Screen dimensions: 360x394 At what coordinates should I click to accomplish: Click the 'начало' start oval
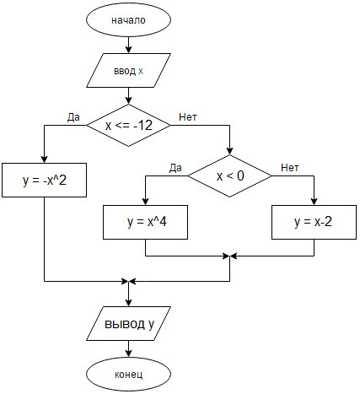128,20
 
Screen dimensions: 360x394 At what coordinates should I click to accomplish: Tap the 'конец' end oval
128,375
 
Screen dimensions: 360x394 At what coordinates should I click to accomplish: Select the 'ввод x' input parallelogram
128,70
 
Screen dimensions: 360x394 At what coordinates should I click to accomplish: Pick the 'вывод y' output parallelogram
128,323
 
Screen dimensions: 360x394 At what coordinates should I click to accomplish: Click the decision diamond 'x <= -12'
128,125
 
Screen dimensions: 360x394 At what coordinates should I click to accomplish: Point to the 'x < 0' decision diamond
229,175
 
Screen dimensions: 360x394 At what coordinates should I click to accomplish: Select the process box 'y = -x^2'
44,180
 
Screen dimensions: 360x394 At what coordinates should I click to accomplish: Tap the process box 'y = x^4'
145,222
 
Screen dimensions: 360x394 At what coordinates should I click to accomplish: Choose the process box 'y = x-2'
314,222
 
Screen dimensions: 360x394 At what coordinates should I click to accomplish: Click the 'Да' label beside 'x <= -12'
73,117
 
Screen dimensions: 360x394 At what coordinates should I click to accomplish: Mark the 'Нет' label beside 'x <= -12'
188,116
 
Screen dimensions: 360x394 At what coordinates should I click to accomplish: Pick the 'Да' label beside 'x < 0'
175,168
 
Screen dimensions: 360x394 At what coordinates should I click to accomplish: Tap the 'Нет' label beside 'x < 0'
290,168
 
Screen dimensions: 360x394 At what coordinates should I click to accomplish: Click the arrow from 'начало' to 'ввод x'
128,45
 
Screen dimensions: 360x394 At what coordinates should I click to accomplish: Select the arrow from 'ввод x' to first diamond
128,95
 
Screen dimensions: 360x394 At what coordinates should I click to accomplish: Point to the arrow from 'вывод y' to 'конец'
128,348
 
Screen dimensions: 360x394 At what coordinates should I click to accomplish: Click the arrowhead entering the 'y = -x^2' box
44,159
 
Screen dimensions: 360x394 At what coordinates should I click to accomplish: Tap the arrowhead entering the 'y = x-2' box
314,202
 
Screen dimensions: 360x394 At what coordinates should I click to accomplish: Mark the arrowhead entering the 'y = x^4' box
145,202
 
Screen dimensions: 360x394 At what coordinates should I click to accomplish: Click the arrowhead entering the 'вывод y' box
128,303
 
